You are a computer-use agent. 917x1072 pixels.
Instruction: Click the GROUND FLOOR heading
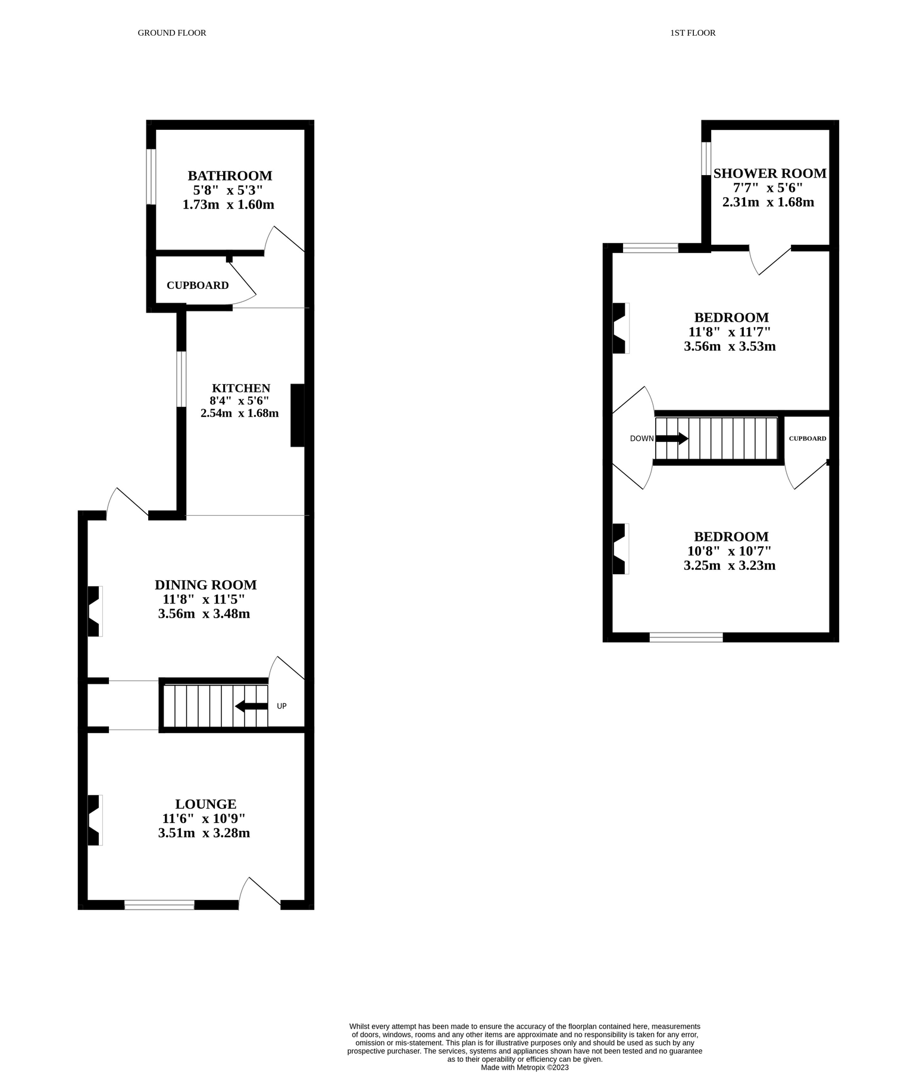pos(172,33)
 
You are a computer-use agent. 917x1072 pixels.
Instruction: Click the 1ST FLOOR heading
pos(693,33)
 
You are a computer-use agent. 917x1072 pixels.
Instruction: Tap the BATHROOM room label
pos(230,176)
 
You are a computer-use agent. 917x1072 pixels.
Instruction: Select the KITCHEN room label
pos(241,388)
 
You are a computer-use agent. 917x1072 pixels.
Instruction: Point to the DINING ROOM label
pos(205,585)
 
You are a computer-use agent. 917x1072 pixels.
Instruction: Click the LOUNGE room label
pos(205,804)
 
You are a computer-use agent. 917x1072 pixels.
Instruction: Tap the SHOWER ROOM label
pos(769,173)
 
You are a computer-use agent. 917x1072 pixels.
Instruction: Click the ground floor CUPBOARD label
pos(198,285)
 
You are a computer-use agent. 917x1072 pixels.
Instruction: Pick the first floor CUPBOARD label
pos(808,438)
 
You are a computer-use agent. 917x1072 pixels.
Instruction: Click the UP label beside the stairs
pos(281,706)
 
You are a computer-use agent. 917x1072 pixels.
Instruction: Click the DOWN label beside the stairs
pos(641,439)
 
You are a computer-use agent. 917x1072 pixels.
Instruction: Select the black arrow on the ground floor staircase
pos(251,706)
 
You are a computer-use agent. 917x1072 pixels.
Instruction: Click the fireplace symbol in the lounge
pos(94,820)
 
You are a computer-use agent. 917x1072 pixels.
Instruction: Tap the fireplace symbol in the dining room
pos(94,611)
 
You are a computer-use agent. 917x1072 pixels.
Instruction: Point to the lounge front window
pos(159,905)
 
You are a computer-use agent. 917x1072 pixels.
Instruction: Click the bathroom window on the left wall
pos(151,176)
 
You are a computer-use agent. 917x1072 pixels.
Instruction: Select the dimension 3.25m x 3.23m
pos(730,565)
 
